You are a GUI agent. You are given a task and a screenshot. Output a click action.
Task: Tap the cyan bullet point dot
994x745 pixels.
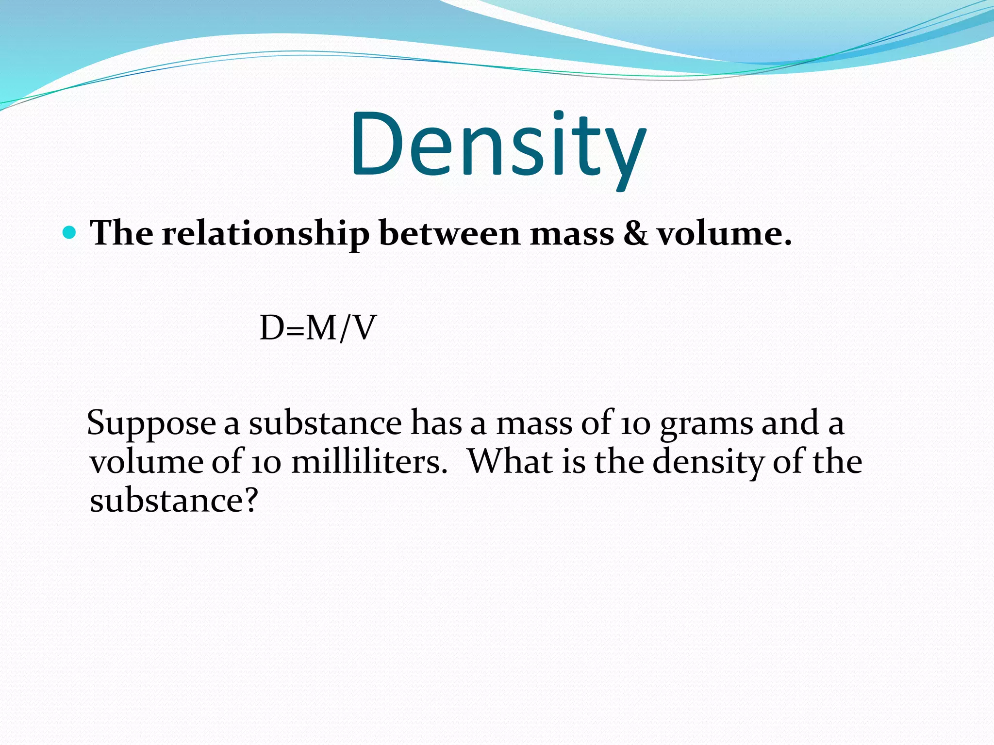pyautogui.click(x=70, y=233)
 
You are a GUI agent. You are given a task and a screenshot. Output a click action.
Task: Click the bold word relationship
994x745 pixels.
pyautogui.click(x=265, y=234)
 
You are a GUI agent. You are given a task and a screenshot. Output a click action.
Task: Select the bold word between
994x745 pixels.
pyautogui.click(x=449, y=233)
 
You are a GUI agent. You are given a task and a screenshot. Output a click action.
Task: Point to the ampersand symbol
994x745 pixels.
pyautogui.click(x=635, y=233)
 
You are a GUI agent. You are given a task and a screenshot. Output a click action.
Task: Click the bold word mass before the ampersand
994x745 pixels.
pyautogui.click(x=572, y=234)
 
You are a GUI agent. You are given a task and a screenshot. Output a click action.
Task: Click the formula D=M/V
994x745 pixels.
pyautogui.click(x=318, y=328)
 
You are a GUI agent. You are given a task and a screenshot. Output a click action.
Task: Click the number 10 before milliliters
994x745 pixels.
pyautogui.click(x=266, y=462)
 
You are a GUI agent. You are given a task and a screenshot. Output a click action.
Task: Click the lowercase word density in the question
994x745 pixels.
pyautogui.click(x=708, y=462)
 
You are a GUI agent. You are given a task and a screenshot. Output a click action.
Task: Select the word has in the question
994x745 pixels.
pyautogui.click(x=436, y=423)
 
